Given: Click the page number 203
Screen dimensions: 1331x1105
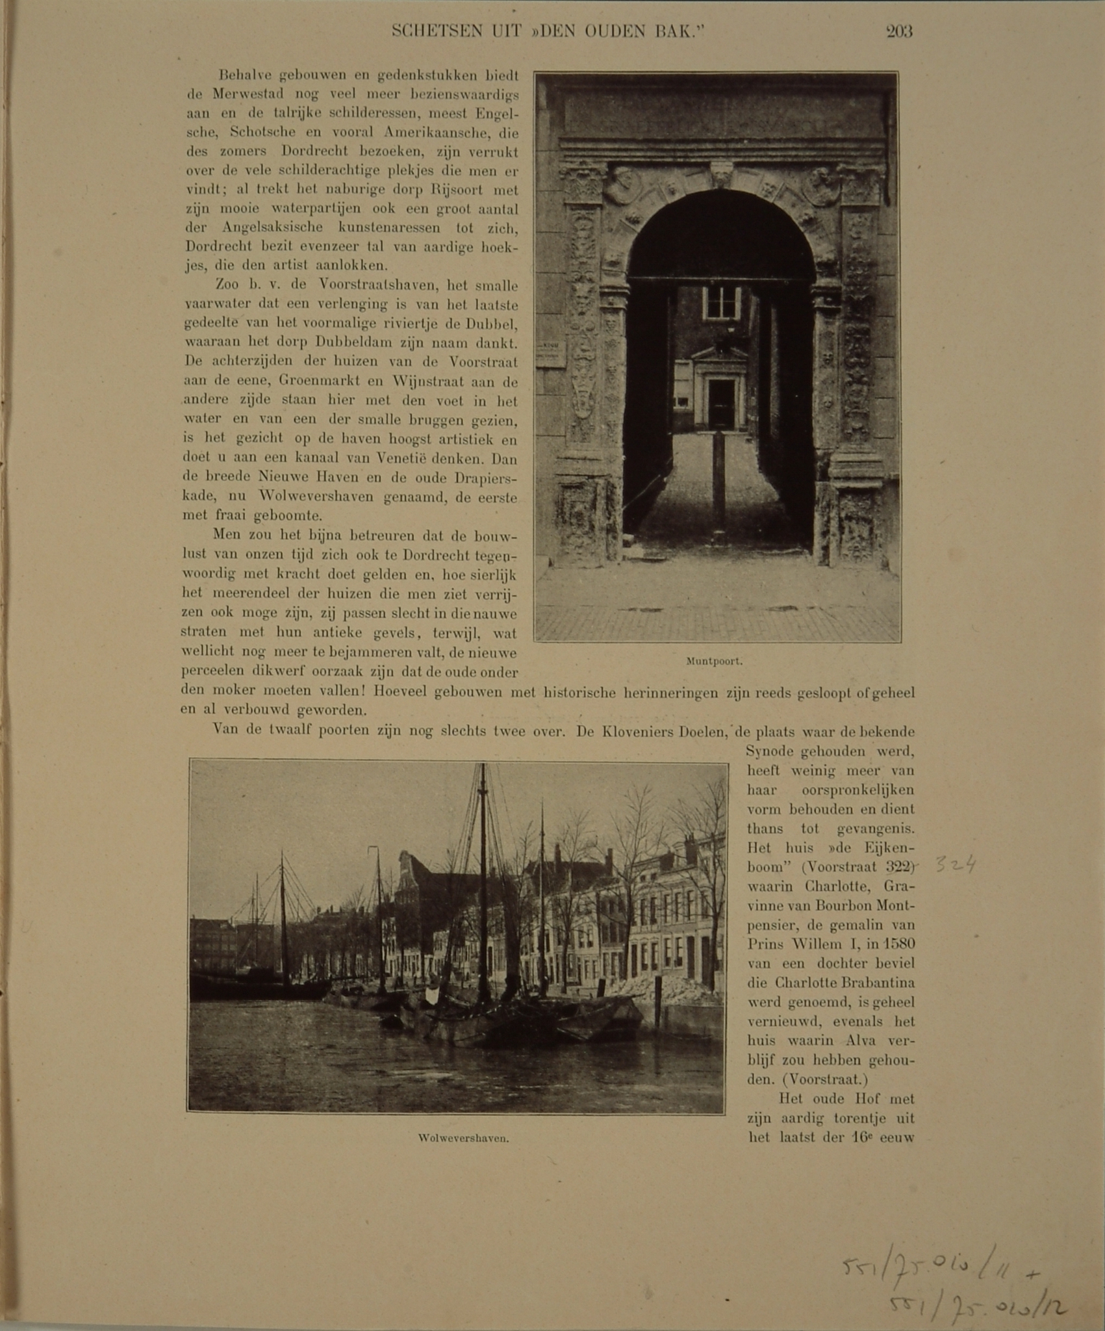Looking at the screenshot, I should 899,31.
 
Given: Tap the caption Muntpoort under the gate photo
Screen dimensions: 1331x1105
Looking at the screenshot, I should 714,662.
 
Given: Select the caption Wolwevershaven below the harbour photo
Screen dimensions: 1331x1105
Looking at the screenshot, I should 463,1138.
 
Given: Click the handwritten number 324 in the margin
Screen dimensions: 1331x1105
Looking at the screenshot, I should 955,865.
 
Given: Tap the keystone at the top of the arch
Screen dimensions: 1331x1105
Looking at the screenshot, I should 721,174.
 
